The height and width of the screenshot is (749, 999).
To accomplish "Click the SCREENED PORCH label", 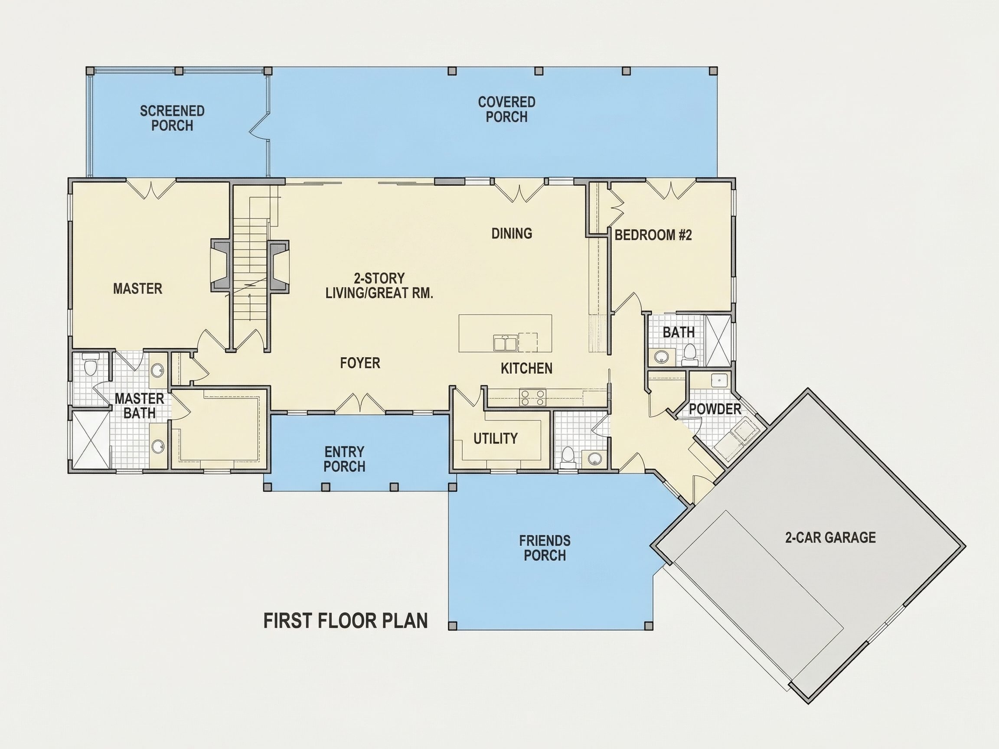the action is tap(172, 118).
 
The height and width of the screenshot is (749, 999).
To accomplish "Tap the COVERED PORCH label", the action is tap(507, 109).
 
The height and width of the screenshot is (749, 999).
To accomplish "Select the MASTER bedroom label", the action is tap(138, 289).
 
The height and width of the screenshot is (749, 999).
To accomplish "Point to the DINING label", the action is tap(512, 234).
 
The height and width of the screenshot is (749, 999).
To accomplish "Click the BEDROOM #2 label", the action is tap(653, 235).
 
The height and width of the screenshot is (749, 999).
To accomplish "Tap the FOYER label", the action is tap(360, 363).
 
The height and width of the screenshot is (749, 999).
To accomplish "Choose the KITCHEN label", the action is tap(526, 368).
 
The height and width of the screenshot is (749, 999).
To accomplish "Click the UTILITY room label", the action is tap(496, 438).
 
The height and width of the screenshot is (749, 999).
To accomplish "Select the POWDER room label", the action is tap(715, 410).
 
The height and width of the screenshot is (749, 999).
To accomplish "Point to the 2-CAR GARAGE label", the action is tap(830, 537).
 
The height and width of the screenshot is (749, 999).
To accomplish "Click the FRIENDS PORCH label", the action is tap(545, 547).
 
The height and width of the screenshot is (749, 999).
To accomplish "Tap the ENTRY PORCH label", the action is tap(344, 459).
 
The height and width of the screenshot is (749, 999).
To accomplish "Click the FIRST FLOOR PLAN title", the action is tap(346, 621).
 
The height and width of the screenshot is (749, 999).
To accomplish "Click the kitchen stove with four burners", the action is tap(532, 397).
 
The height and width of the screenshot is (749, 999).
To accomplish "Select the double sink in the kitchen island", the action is tap(505, 343).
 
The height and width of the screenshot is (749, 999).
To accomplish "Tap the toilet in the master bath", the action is tap(91, 365).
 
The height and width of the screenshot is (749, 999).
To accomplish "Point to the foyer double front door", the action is tap(360, 404).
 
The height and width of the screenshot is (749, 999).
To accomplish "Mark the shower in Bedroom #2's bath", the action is tap(718, 341).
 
